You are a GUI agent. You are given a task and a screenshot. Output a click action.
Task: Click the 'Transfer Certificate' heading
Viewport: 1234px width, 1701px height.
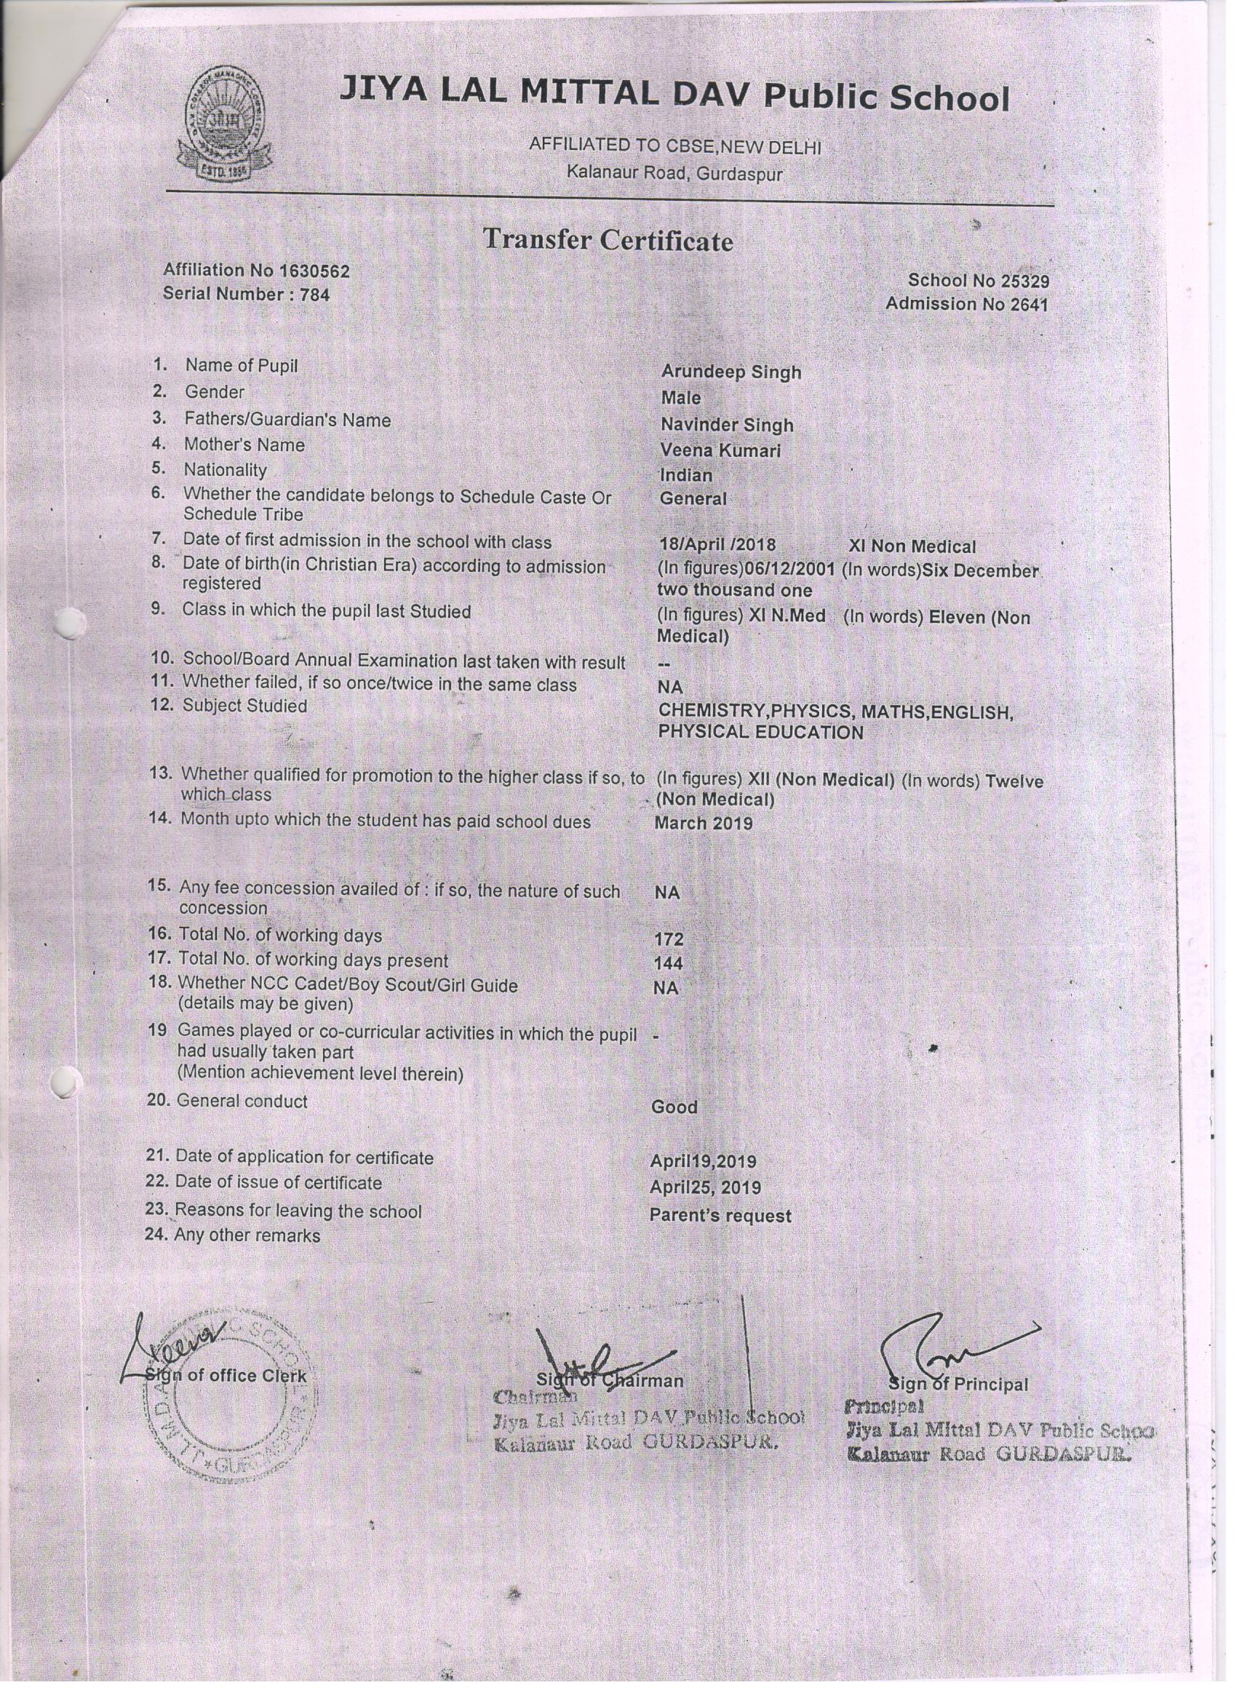[x=608, y=240]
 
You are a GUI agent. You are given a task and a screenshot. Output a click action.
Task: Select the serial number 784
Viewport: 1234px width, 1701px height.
[x=314, y=295]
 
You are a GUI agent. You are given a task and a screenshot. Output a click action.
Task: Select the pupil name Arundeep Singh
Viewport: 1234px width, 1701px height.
[x=731, y=373]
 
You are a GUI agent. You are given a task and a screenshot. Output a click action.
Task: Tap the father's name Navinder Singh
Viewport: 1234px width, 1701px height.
[x=726, y=425]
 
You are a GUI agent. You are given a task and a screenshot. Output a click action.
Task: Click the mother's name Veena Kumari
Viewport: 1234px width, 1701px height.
[x=720, y=451]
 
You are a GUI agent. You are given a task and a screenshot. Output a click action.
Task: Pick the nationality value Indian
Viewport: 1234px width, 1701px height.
[x=685, y=476]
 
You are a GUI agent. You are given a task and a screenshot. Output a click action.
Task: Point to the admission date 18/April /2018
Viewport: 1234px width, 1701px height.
[x=717, y=545]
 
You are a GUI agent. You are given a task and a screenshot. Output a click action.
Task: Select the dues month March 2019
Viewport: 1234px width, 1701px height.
[x=703, y=824]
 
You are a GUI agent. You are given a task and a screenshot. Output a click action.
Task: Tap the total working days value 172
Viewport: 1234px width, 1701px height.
[x=669, y=940]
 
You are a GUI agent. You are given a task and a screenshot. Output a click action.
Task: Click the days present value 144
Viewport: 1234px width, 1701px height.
[x=669, y=964]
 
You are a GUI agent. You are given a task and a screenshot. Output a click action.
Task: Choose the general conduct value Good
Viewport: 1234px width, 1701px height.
[x=674, y=1108]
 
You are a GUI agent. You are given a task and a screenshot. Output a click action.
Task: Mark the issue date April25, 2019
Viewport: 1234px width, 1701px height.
[x=705, y=1188]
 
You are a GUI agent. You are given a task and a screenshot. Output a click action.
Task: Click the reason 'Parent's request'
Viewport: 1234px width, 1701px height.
[x=720, y=1216]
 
